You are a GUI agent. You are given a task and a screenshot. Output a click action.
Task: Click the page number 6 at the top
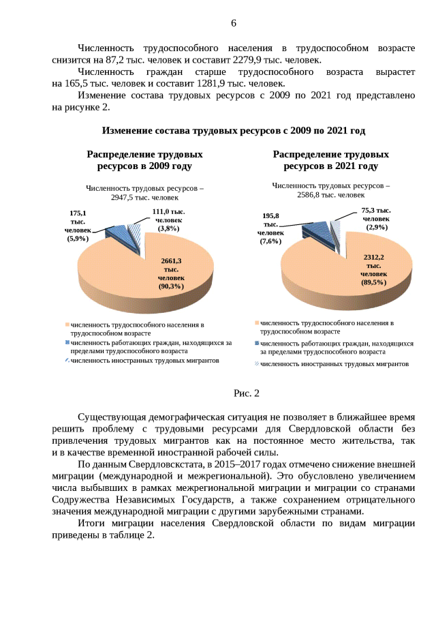[x=234, y=23]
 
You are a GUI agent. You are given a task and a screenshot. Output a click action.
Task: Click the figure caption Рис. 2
[x=247, y=393]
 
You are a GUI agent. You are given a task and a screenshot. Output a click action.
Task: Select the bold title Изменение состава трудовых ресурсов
[x=234, y=130]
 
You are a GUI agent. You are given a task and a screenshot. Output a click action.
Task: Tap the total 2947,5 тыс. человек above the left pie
[x=144, y=196]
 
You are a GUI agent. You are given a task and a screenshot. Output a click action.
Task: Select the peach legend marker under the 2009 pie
[x=67, y=325]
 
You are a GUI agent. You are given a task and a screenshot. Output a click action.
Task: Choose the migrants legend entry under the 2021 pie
[x=334, y=364]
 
